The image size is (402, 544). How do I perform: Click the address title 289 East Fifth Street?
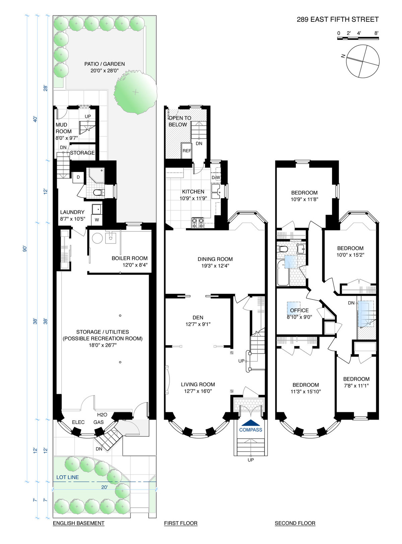point(337,19)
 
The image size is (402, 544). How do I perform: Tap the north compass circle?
point(362,61)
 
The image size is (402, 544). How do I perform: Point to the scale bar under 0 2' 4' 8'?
point(358,38)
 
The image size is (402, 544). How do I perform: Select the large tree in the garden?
point(135,92)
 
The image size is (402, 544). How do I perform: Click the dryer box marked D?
point(78,177)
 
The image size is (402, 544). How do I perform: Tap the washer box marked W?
point(97,220)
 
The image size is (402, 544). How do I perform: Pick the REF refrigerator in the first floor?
point(187,151)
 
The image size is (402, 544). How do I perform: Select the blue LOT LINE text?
point(68,477)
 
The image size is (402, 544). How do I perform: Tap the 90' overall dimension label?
point(25,249)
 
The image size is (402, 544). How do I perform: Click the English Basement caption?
point(79,523)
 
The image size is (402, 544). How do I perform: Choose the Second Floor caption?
point(295,523)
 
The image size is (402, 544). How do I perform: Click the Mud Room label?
point(63,128)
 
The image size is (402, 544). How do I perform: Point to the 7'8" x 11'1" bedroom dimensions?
point(356,386)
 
